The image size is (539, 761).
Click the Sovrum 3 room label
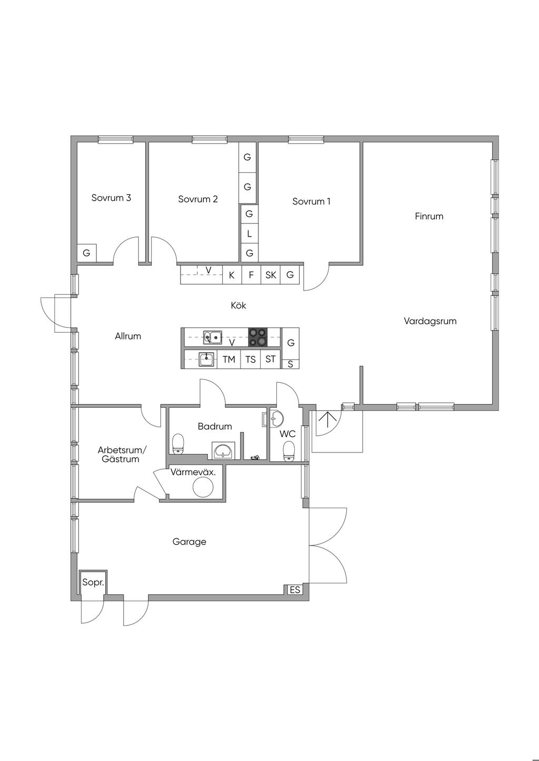[111, 198]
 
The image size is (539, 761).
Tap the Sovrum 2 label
[198, 199]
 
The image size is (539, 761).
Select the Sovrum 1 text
[311, 201]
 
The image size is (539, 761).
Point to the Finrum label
[429, 216]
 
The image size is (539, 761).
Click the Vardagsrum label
[430, 321]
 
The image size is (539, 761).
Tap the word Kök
[238, 305]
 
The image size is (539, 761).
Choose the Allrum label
[127, 336]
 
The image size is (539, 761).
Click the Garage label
[189, 541]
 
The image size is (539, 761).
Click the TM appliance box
[229, 359]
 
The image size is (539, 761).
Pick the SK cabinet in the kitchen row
[271, 275]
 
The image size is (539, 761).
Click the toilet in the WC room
[289, 451]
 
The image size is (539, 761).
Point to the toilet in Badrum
[178, 444]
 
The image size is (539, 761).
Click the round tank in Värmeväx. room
[203, 487]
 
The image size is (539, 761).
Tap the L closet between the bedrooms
[249, 234]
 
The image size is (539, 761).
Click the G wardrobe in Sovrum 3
[86, 253]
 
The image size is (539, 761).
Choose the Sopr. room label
[93, 582]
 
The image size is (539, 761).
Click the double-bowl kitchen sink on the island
[213, 337]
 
